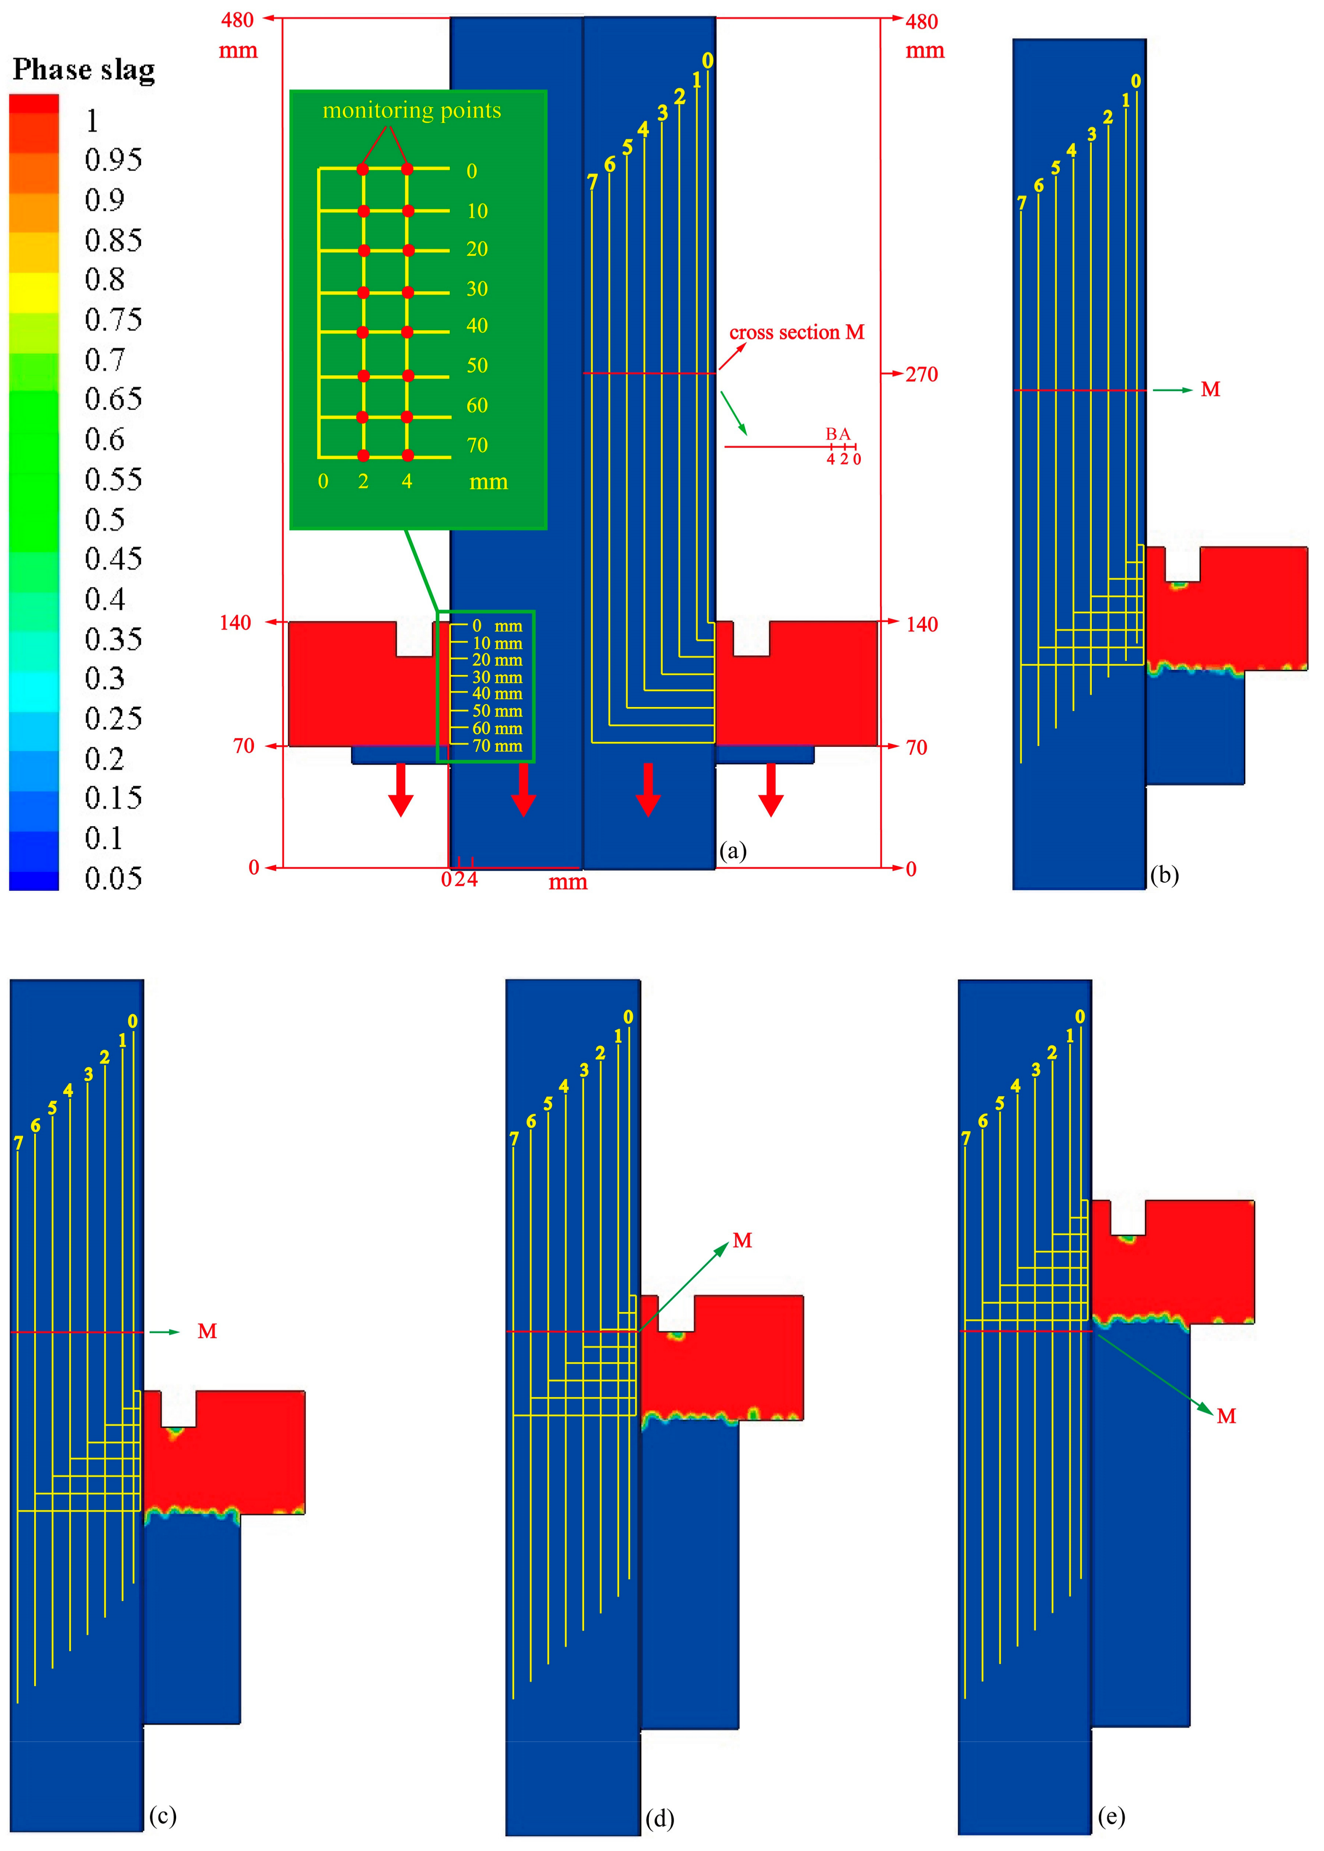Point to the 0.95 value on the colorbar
[113, 160]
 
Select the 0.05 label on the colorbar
[113, 878]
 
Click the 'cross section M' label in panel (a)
[797, 333]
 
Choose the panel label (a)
[733, 851]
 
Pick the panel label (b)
[1164, 875]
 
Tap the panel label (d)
[659, 1818]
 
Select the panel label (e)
[1111, 1816]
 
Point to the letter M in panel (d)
[742, 1240]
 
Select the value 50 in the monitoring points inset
[477, 365]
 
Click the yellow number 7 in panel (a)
[593, 182]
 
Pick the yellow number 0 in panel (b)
[1136, 81]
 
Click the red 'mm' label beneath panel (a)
[567, 882]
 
